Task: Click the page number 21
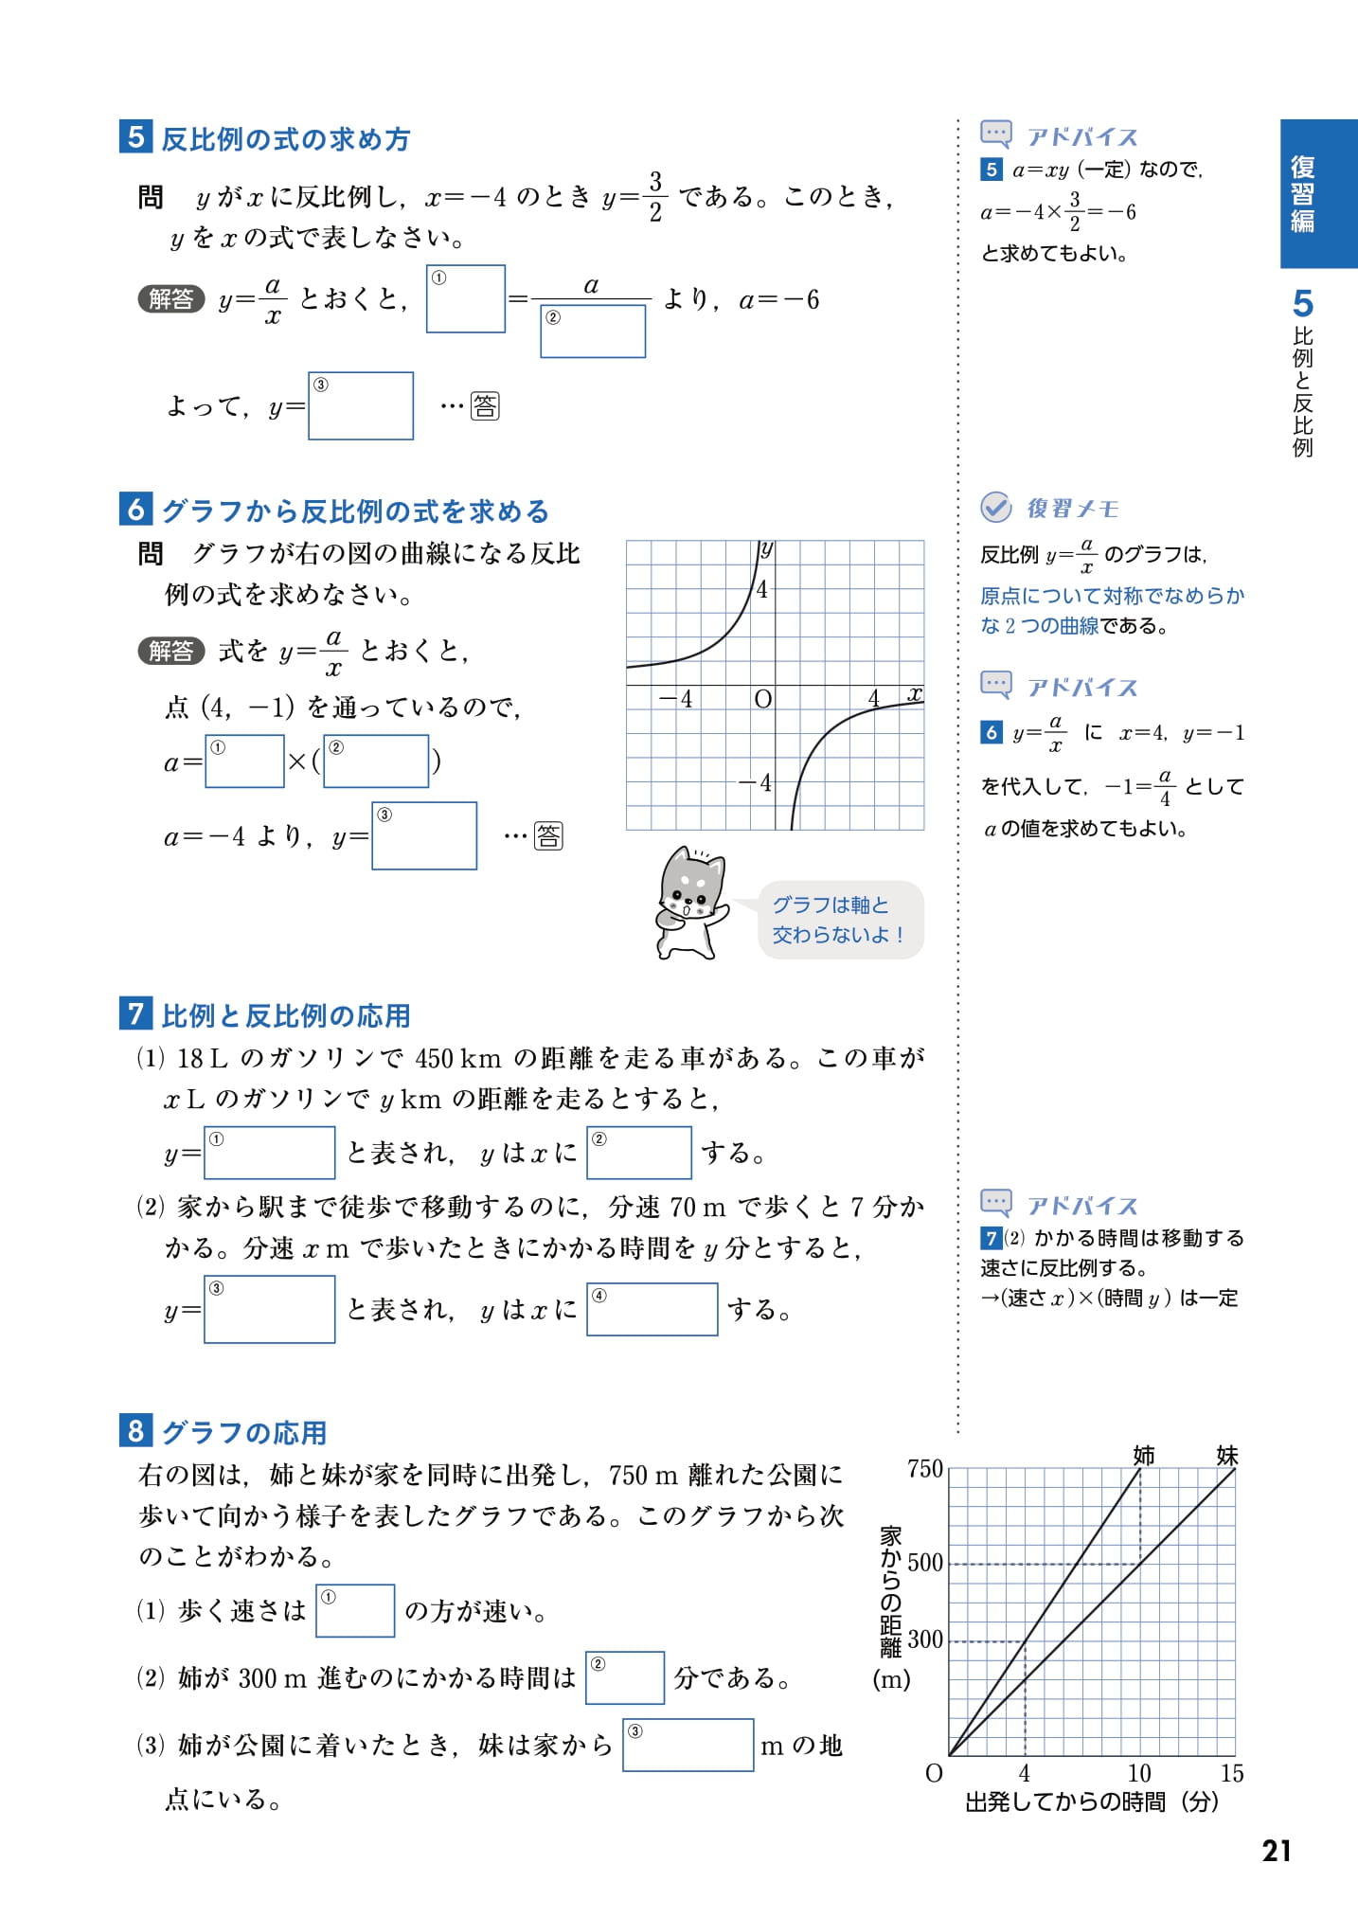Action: point(1276,1851)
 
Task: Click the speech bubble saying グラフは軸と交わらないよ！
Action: point(840,920)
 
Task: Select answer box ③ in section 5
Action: point(361,405)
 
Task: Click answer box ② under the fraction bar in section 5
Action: point(593,331)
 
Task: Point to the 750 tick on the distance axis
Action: point(924,1469)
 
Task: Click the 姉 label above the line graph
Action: point(1144,1455)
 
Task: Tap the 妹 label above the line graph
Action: point(1226,1455)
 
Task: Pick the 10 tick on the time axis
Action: point(1139,1773)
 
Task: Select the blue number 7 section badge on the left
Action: point(135,1013)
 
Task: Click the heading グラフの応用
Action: point(244,1432)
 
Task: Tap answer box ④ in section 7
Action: point(652,1309)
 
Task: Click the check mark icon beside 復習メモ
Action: point(995,508)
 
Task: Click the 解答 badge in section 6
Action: point(171,651)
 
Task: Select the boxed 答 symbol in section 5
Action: point(485,406)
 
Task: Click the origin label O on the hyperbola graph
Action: point(762,699)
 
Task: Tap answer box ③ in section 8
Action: point(688,1745)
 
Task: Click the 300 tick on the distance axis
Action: point(924,1639)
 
